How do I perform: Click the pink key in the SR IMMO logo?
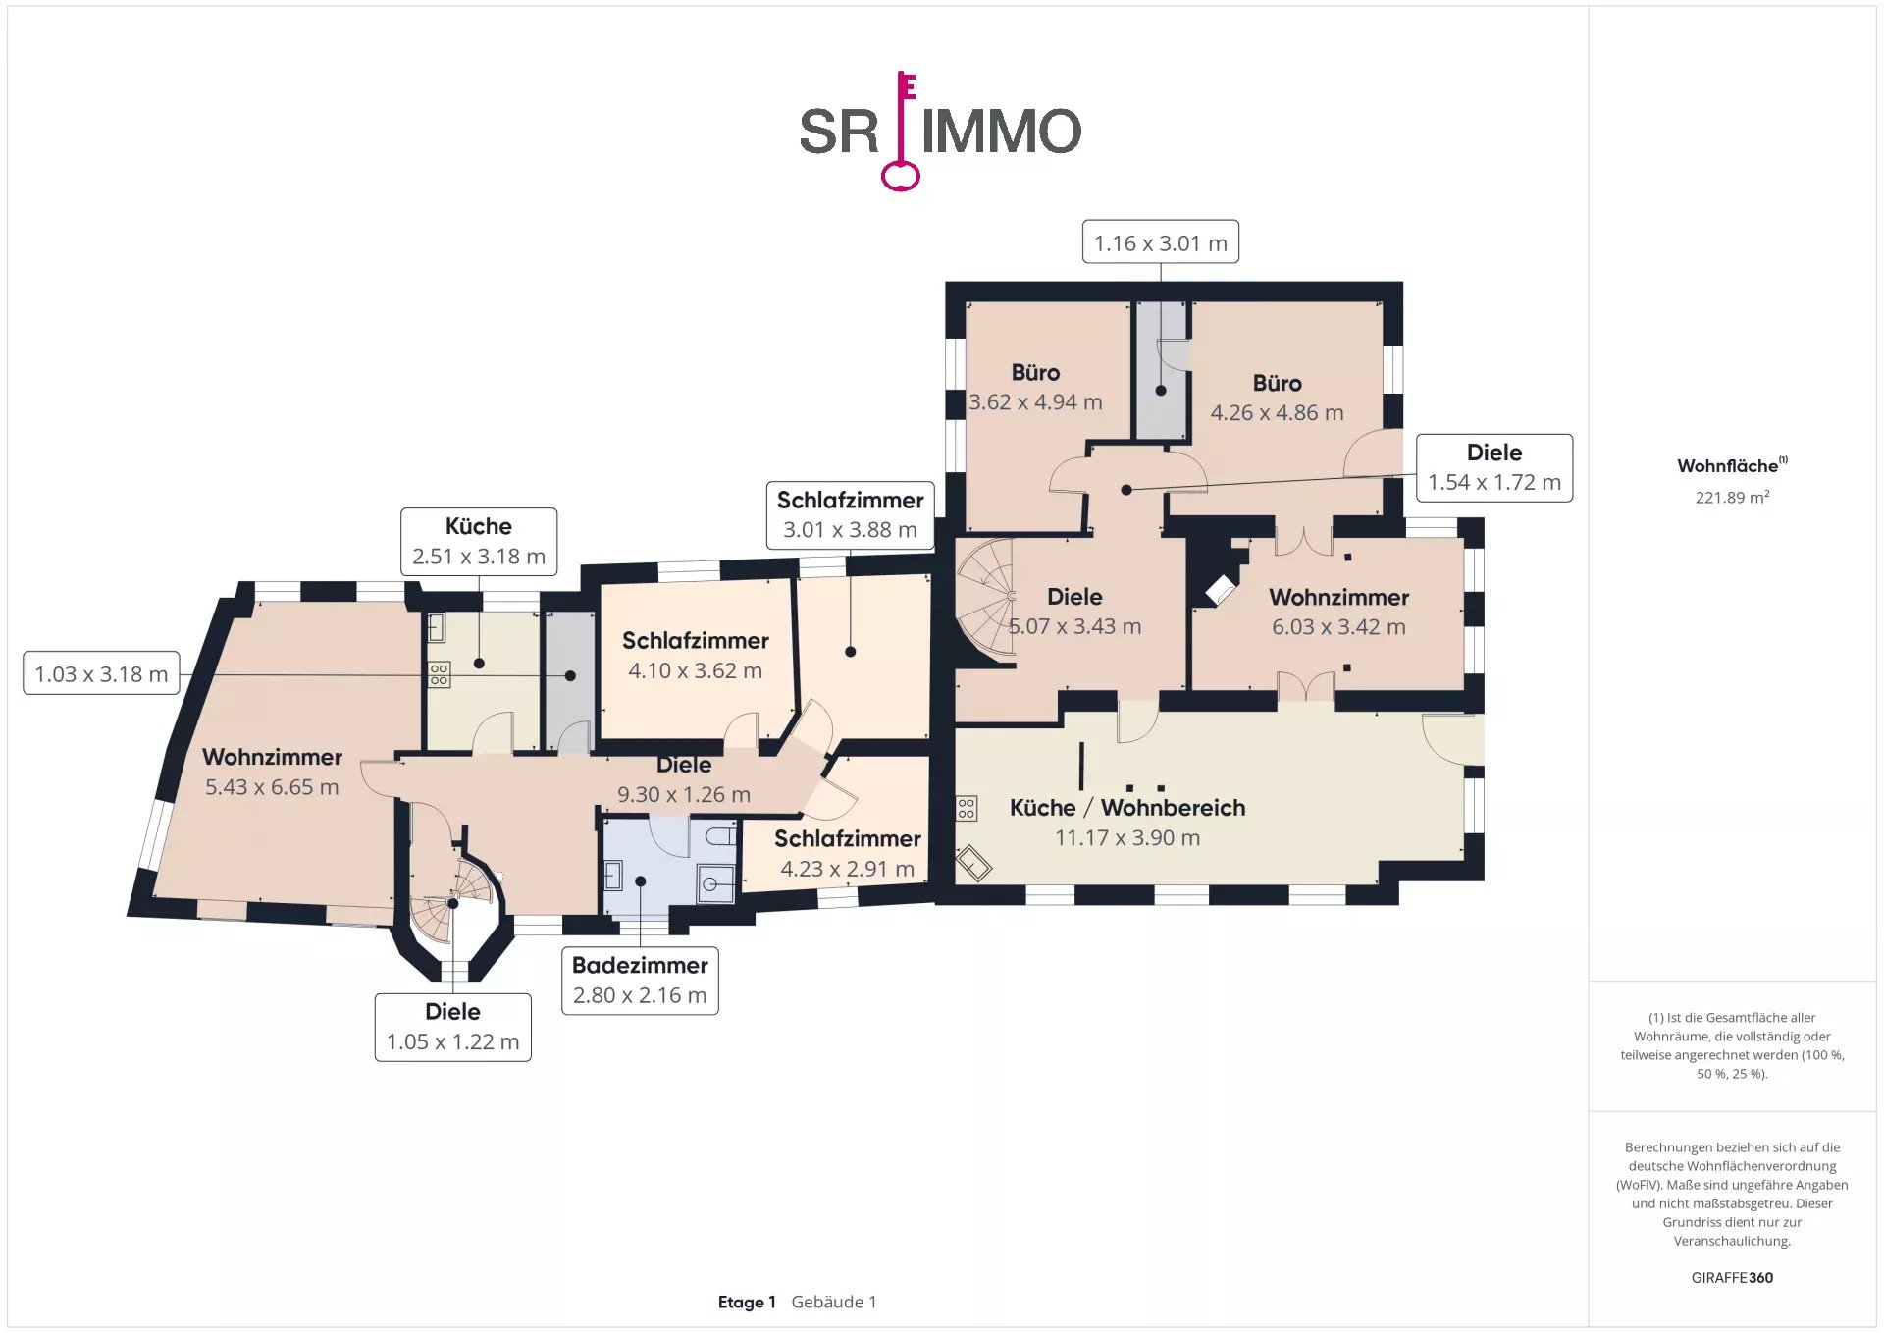click(x=901, y=133)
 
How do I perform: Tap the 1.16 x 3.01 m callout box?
click(x=1160, y=241)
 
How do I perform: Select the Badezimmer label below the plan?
click(x=640, y=981)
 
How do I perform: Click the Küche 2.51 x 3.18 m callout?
click(x=479, y=541)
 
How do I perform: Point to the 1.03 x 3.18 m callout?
click(x=101, y=673)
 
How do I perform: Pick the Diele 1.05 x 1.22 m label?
click(x=452, y=1027)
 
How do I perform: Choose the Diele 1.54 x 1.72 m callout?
click(x=1494, y=467)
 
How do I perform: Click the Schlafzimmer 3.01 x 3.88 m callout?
click(x=850, y=514)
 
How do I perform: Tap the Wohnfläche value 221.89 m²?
click(x=1732, y=497)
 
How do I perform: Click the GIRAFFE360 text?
click(x=1732, y=1277)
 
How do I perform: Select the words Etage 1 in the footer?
click(x=747, y=1302)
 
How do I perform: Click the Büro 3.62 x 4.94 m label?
click(x=1035, y=387)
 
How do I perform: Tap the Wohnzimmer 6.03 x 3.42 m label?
click(x=1338, y=612)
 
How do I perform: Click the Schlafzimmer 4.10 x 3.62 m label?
click(x=695, y=655)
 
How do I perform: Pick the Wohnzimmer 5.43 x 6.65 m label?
click(x=272, y=772)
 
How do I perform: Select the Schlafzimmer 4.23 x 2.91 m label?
click(x=847, y=853)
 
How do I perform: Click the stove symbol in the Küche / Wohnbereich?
click(x=967, y=808)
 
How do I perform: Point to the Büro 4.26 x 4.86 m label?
click(x=1277, y=398)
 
